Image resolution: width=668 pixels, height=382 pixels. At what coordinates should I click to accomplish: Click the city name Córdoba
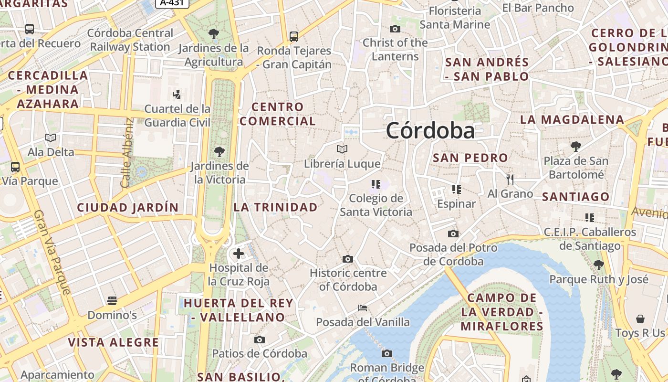click(x=430, y=130)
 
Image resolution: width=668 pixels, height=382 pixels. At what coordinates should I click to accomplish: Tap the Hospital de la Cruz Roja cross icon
click(x=239, y=254)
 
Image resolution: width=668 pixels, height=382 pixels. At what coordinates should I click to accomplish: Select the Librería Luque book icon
click(x=342, y=149)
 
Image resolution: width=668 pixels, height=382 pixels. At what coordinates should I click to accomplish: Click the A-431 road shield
click(x=172, y=2)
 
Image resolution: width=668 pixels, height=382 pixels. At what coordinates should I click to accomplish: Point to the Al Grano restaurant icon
click(x=510, y=180)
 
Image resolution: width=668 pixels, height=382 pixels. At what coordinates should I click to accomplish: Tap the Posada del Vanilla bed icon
click(x=363, y=308)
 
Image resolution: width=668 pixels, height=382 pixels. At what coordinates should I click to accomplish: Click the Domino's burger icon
click(x=112, y=300)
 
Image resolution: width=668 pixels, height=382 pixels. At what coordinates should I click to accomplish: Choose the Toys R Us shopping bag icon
click(x=640, y=319)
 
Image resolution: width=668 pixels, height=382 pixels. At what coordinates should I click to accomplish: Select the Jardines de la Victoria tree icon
click(x=219, y=152)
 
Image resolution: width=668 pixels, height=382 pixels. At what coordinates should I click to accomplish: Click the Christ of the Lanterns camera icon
click(x=395, y=29)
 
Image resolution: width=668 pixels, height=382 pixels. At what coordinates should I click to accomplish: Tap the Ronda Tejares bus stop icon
click(x=294, y=36)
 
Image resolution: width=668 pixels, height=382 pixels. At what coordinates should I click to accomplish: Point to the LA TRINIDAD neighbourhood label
click(x=275, y=207)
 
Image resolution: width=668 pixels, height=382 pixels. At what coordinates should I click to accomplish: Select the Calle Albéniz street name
click(x=126, y=153)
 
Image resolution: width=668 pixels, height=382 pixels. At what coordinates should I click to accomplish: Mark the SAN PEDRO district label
click(x=470, y=158)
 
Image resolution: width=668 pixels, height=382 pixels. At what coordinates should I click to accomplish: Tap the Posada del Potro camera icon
click(x=453, y=233)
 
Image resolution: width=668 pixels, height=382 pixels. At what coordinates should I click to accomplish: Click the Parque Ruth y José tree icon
click(x=599, y=265)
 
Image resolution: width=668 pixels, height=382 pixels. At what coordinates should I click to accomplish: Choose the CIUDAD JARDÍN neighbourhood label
click(x=127, y=208)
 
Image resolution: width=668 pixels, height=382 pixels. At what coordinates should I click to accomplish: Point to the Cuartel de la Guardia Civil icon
click(x=177, y=94)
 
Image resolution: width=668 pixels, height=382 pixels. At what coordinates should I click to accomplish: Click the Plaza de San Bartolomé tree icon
click(x=576, y=146)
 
